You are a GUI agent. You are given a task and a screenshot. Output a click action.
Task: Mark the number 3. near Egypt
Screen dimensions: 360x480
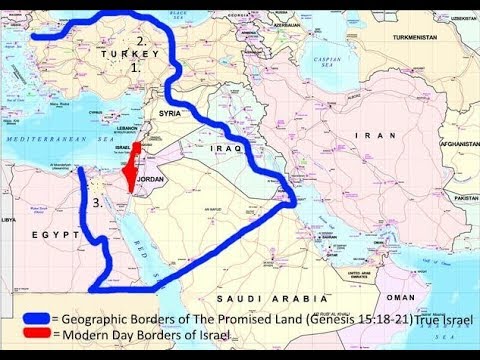click(x=95, y=202)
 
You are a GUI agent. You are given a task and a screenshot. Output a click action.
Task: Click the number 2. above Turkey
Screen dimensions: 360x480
click(x=143, y=42)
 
